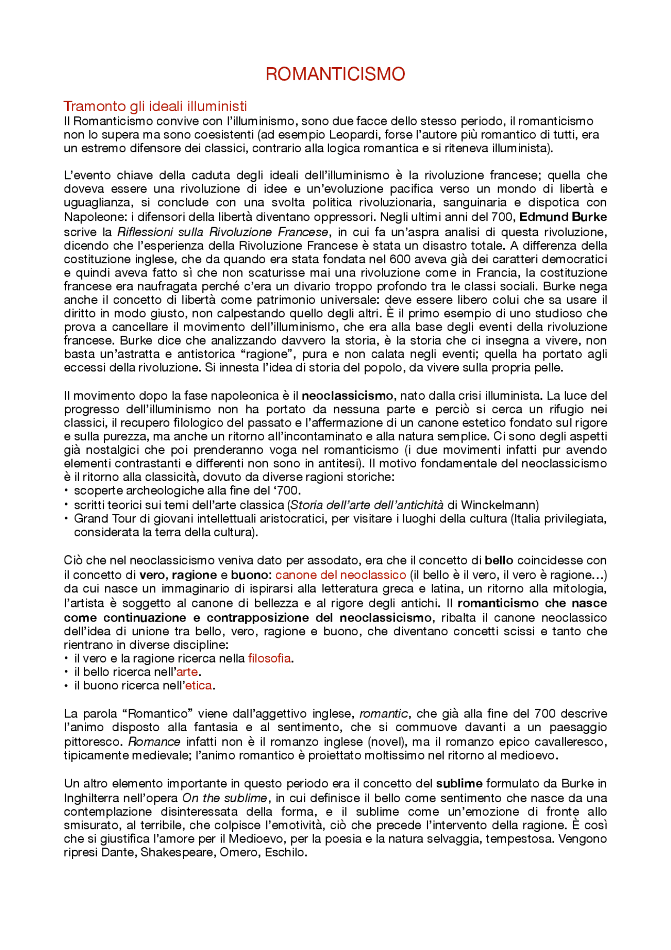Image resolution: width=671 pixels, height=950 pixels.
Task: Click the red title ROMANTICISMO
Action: pyautogui.click(x=335, y=74)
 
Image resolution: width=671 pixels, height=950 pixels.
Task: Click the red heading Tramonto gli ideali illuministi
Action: pyautogui.click(x=155, y=106)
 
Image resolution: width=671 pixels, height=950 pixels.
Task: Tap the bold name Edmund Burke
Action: pyautogui.click(x=562, y=217)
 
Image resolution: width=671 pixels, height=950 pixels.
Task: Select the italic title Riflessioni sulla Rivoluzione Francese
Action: pyautogui.click(x=223, y=232)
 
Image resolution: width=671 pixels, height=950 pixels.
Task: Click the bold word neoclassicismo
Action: pyautogui.click(x=347, y=396)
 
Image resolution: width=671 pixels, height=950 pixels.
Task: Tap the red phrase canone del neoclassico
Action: pyautogui.click(x=341, y=575)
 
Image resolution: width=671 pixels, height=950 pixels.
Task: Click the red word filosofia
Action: pyautogui.click(x=269, y=658)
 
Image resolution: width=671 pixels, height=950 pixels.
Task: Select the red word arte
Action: pyautogui.click(x=187, y=672)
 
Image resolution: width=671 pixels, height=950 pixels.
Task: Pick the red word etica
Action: pyautogui.click(x=199, y=686)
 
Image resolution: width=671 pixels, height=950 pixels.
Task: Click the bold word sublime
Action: pyautogui.click(x=459, y=784)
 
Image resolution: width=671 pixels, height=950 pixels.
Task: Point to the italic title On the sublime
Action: pyautogui.click(x=224, y=798)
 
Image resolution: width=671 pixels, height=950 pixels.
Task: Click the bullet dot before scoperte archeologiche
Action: pyautogui.click(x=67, y=490)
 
